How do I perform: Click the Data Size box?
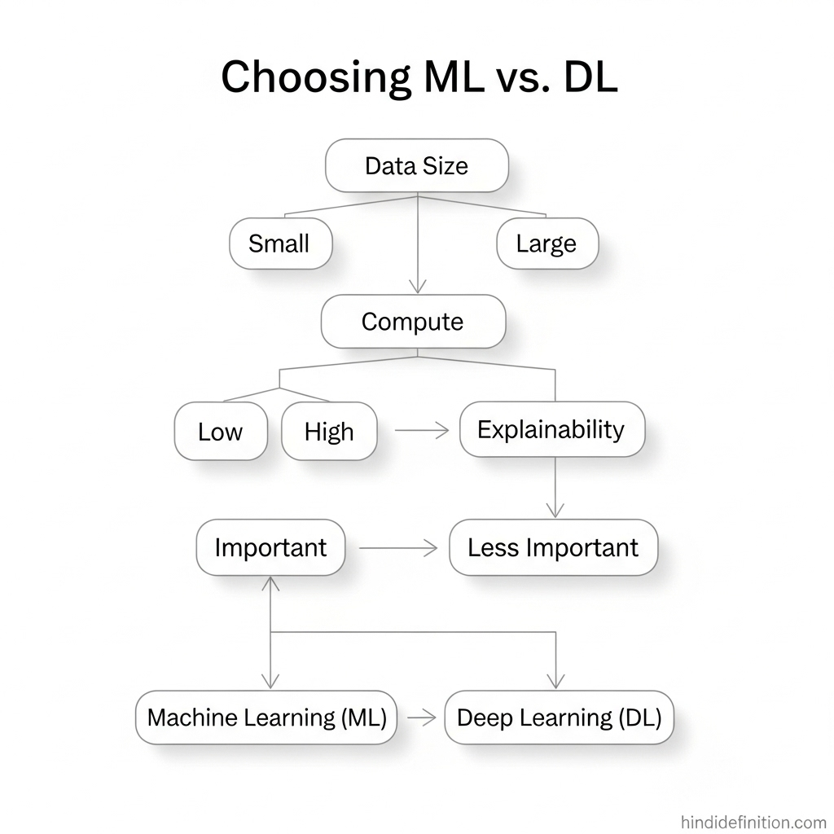pyautogui.click(x=417, y=165)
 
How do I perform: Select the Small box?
pyautogui.click(x=281, y=244)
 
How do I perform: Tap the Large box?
pyautogui.click(x=548, y=244)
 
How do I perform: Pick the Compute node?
pyautogui.click(x=413, y=322)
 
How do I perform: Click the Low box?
pyautogui.click(x=221, y=432)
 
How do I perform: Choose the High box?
pyautogui.click(x=329, y=432)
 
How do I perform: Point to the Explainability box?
pyautogui.click(x=552, y=429)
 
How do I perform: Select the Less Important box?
pyautogui.click(x=554, y=547)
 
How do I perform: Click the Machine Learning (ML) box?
pyautogui.click(x=266, y=718)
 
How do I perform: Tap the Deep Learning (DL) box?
pyautogui.click(x=559, y=718)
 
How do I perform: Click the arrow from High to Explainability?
pyautogui.click(x=422, y=430)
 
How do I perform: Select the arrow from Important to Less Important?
pyautogui.click(x=398, y=548)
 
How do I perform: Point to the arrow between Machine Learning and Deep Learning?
pyautogui.click(x=422, y=718)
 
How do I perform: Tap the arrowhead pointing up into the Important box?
pyautogui.click(x=270, y=584)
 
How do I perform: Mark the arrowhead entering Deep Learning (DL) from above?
pyautogui.click(x=555, y=682)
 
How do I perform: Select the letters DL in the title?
pyautogui.click(x=590, y=77)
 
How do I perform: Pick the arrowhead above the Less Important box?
pyautogui.click(x=555, y=510)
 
